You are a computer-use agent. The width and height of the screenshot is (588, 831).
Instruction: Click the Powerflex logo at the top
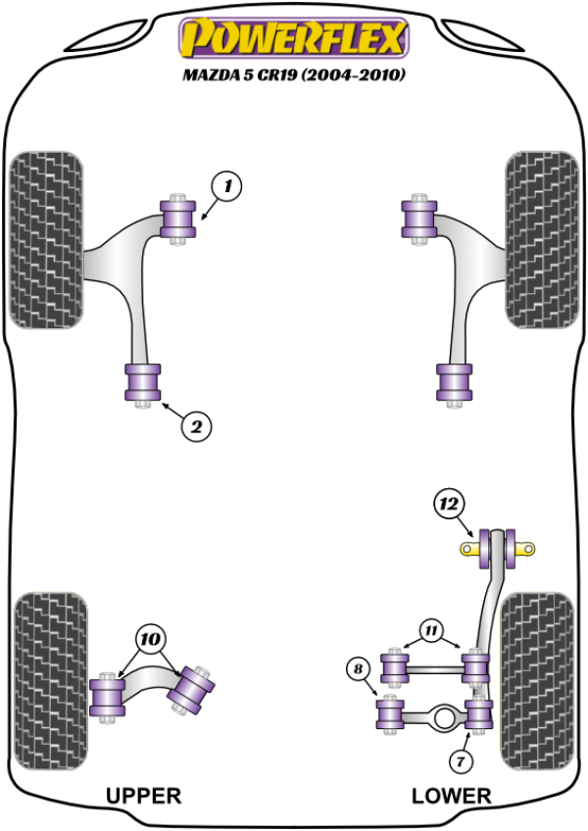[x=291, y=40]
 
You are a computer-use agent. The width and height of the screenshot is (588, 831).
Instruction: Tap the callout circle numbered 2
[x=196, y=425]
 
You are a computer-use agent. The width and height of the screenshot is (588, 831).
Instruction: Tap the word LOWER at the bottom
[x=451, y=796]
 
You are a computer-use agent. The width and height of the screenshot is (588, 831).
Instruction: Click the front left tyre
[x=45, y=237]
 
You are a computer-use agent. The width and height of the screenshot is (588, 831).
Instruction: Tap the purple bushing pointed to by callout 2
[x=143, y=381]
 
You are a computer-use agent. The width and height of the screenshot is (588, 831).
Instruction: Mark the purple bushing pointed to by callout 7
[x=479, y=714]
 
